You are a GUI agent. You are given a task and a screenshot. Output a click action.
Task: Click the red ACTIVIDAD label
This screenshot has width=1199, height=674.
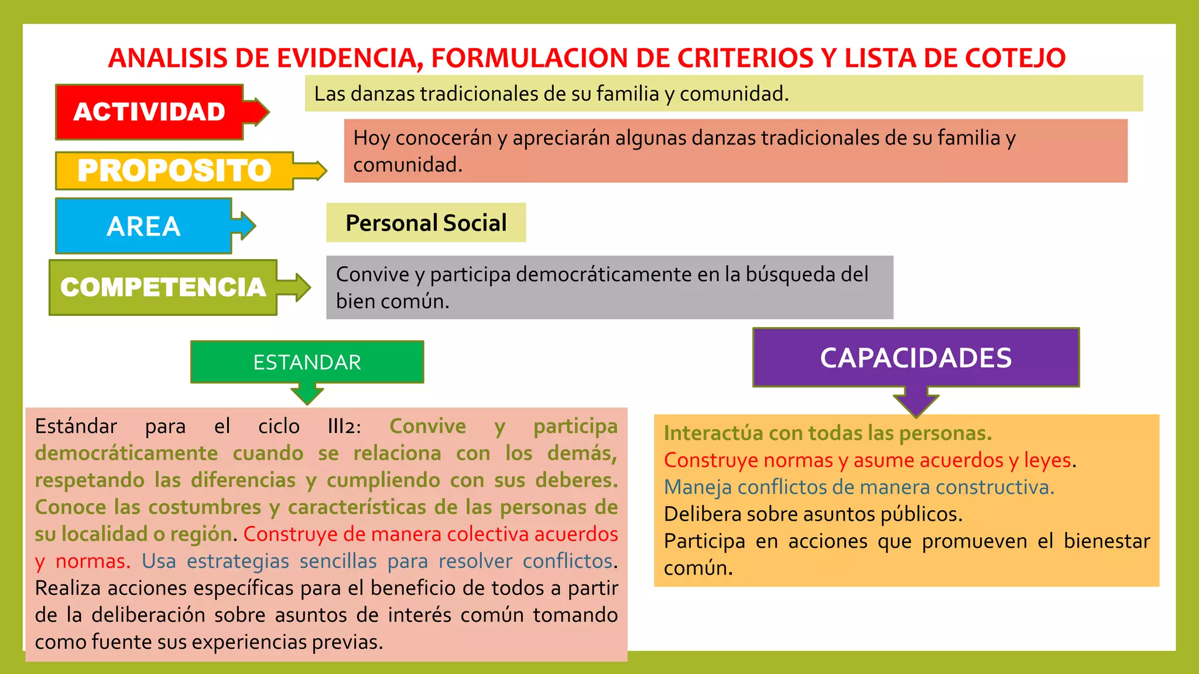(x=149, y=112)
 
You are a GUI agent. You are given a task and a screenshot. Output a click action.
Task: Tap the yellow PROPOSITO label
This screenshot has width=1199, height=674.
(x=174, y=171)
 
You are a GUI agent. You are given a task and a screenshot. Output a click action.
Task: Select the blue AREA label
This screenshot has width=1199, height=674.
(x=144, y=226)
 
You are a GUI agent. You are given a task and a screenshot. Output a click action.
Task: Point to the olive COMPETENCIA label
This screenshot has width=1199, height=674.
(x=163, y=287)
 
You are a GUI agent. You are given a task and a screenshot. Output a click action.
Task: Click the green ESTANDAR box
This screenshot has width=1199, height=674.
(x=307, y=362)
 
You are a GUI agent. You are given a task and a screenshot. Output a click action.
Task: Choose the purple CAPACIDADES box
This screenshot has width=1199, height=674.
(x=916, y=357)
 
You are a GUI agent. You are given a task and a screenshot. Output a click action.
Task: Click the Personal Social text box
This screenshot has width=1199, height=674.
(x=426, y=223)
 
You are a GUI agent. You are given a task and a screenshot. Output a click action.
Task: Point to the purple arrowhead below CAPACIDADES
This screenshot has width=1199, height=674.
(x=916, y=404)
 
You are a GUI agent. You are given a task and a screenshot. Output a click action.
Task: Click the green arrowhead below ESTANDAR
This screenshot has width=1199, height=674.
(x=307, y=394)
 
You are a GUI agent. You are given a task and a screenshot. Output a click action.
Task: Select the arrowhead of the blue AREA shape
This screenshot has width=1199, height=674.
(x=246, y=226)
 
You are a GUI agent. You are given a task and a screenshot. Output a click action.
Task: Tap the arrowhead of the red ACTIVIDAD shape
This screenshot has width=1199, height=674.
(x=259, y=111)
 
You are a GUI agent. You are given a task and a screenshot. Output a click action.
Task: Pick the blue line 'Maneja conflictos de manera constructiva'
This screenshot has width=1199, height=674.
(x=858, y=487)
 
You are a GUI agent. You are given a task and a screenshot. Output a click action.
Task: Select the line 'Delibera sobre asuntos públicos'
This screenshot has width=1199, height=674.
(x=813, y=514)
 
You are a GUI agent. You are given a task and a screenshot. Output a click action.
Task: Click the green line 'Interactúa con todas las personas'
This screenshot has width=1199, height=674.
(x=827, y=434)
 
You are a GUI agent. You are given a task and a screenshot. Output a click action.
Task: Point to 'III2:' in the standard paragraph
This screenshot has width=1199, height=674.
(x=344, y=427)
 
